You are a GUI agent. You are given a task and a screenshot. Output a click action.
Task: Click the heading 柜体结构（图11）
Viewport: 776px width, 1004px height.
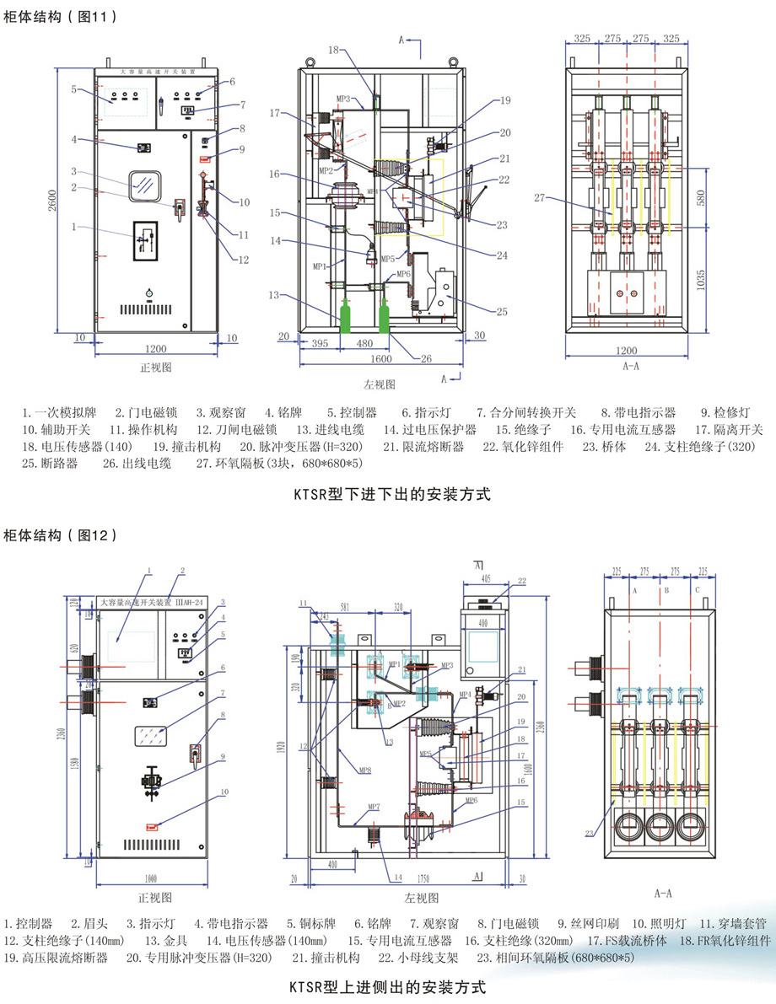61,15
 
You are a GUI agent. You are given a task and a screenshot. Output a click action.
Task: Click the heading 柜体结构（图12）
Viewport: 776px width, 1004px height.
61,534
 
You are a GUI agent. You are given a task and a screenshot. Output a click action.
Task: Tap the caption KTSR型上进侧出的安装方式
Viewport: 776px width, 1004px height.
388,985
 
